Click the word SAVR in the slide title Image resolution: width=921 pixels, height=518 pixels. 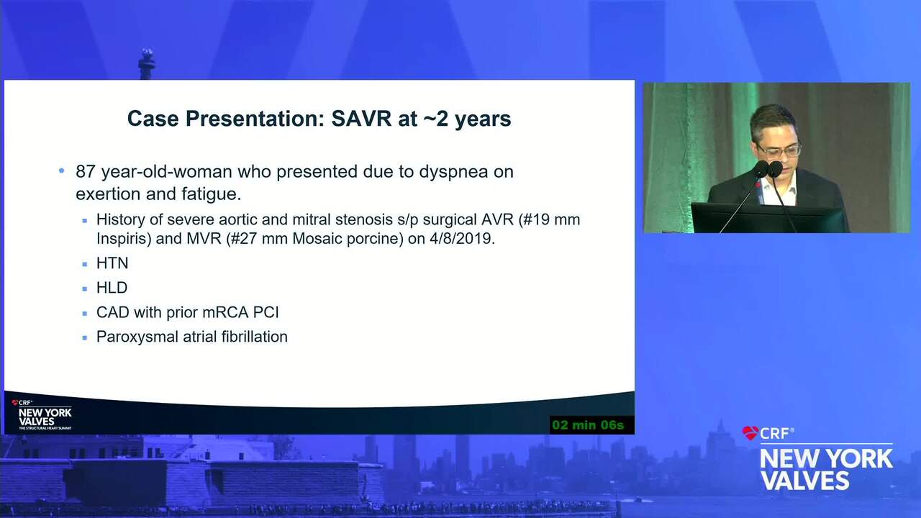click(x=361, y=119)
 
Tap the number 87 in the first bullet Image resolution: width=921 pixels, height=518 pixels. click(x=86, y=171)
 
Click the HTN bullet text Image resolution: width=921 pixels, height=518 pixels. click(x=112, y=263)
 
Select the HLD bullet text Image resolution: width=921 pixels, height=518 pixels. click(x=112, y=288)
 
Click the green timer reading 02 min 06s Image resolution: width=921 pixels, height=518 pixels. click(x=588, y=424)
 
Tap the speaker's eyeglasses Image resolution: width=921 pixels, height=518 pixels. click(x=779, y=151)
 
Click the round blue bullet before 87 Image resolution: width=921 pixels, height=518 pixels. click(x=62, y=171)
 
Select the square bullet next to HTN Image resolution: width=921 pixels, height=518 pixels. click(x=85, y=264)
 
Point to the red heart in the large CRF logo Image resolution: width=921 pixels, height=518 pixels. click(x=750, y=433)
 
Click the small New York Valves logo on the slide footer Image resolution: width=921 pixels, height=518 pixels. click(x=42, y=415)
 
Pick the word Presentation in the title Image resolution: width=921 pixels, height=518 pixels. click(x=252, y=119)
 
